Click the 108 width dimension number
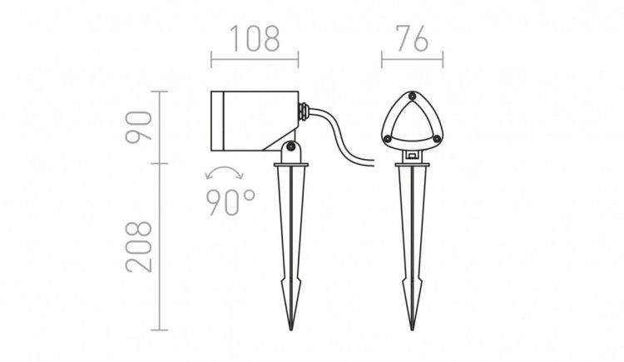click(255, 38)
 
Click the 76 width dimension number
click(412, 38)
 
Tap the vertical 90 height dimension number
click(138, 126)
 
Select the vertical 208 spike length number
click(138, 246)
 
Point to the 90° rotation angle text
click(230, 202)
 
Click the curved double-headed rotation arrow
click(224, 169)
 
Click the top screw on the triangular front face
click(412, 96)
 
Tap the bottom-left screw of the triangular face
click(387, 139)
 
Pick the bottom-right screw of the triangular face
click(437, 139)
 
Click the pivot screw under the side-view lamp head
click(291, 147)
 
